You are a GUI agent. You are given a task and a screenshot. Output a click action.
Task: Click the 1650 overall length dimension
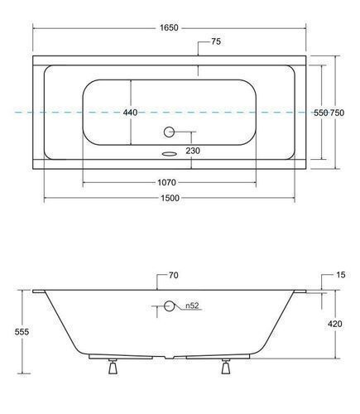point(169,28)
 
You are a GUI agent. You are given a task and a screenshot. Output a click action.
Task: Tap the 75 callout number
point(216,41)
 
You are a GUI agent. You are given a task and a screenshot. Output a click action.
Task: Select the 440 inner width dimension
point(130,113)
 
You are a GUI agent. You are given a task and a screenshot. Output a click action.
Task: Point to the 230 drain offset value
point(193,151)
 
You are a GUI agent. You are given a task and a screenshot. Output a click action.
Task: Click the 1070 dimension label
point(166,182)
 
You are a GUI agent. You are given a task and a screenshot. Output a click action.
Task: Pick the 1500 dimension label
point(170,198)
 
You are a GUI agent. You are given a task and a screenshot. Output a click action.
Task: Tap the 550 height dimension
point(321,113)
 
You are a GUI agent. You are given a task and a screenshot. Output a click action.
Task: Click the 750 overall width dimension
point(337,113)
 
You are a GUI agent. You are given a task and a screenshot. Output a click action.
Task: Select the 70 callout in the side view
point(173,275)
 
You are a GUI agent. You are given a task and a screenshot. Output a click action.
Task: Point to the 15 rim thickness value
point(341,275)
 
